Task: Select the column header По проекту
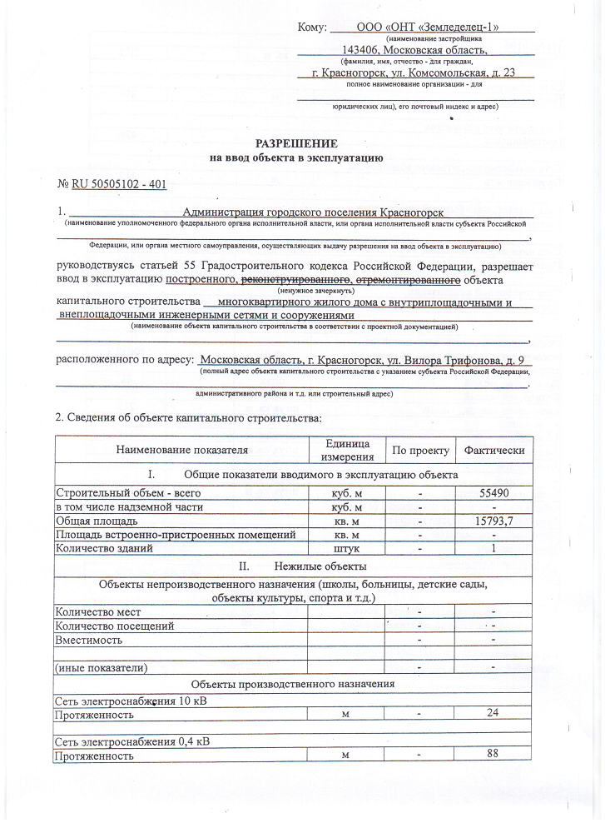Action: click(420, 451)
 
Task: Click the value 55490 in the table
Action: click(494, 492)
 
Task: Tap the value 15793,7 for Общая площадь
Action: click(494, 521)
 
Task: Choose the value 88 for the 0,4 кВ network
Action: click(494, 755)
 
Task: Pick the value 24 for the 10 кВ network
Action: click(494, 714)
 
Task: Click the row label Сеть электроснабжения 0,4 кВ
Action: click(131, 741)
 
